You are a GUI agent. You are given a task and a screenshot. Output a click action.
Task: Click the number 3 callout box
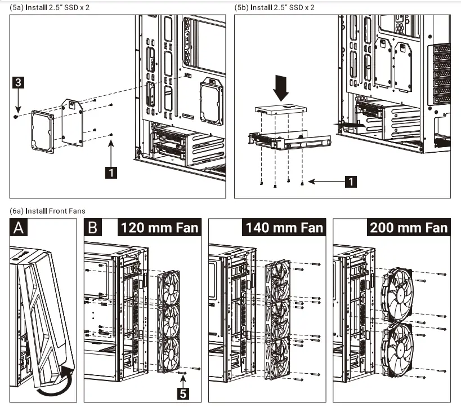tap(18, 83)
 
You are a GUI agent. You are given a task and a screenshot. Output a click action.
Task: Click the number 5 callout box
tap(183, 393)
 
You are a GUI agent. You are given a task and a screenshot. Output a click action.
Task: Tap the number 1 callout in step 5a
tap(112, 172)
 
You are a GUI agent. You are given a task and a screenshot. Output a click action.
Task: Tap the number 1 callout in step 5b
tap(350, 182)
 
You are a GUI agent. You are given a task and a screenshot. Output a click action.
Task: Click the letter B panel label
tap(93, 228)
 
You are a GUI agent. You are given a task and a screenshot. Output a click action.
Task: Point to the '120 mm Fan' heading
tap(159, 228)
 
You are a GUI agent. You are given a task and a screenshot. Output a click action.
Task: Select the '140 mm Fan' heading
tap(284, 228)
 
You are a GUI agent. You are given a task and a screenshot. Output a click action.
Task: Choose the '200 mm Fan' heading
tap(409, 228)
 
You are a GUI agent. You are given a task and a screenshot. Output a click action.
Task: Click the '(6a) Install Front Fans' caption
tap(48, 211)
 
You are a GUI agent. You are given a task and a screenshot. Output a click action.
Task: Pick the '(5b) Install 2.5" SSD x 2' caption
tap(275, 7)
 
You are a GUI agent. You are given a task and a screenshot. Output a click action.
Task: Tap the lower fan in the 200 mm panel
tap(397, 349)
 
